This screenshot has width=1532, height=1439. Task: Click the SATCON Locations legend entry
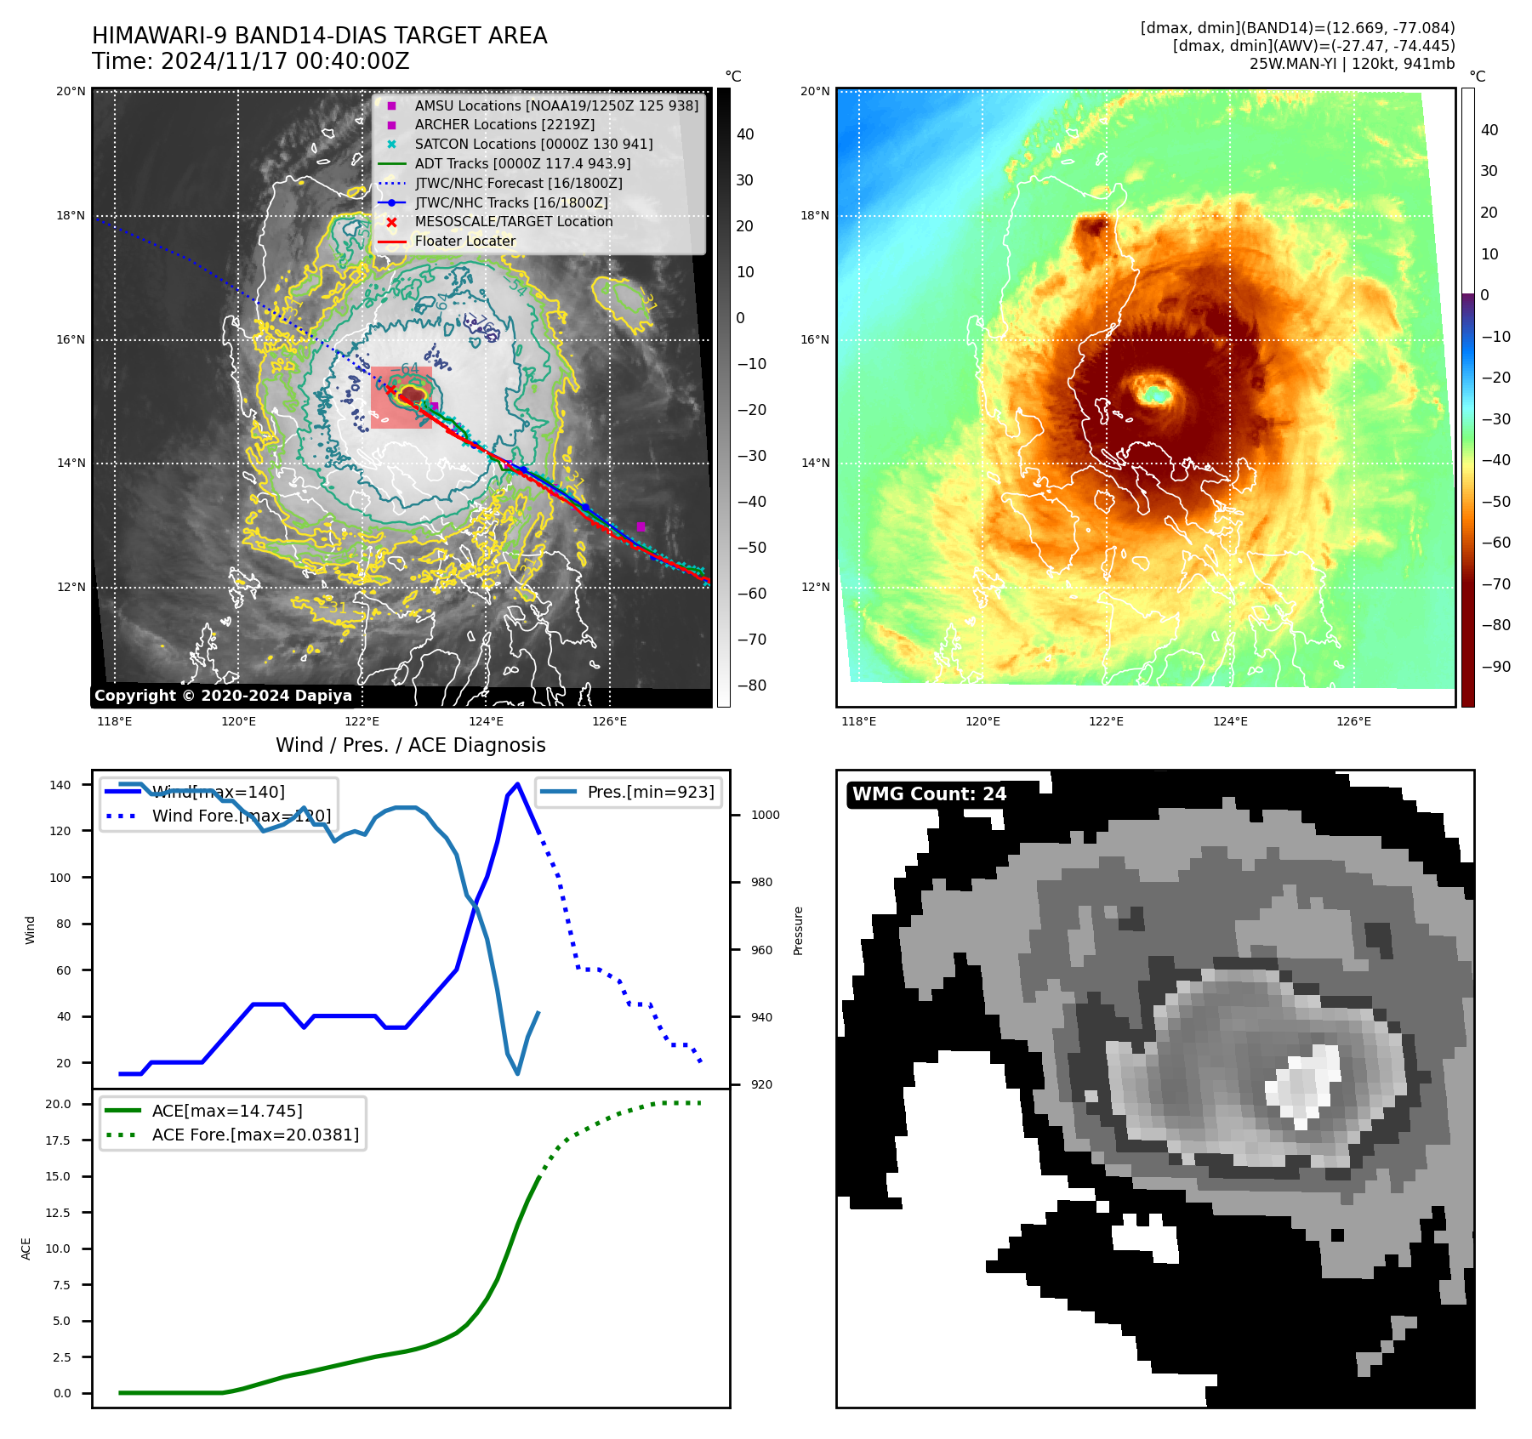click(533, 145)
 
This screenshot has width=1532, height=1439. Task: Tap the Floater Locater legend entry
click(464, 242)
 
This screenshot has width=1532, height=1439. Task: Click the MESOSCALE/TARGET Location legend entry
click(513, 222)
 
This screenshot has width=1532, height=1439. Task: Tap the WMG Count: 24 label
click(929, 794)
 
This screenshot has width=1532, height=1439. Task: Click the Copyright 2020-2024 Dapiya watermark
click(223, 696)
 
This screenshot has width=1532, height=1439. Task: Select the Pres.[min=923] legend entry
click(651, 793)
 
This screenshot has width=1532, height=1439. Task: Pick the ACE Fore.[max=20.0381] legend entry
click(255, 1135)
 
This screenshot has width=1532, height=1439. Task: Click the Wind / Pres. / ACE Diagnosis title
click(411, 746)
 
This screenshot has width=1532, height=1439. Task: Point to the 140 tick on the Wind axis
click(60, 785)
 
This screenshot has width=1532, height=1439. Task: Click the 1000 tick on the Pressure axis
click(766, 815)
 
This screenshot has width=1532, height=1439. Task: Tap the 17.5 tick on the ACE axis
click(59, 1140)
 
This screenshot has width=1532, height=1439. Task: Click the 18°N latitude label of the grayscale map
click(71, 216)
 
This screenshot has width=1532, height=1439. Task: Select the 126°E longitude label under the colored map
click(1353, 722)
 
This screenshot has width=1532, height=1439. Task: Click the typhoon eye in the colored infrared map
click(1155, 394)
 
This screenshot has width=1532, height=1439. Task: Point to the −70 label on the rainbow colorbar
click(1495, 584)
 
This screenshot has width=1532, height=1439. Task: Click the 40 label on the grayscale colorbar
click(745, 134)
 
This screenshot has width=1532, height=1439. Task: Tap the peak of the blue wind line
click(517, 784)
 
